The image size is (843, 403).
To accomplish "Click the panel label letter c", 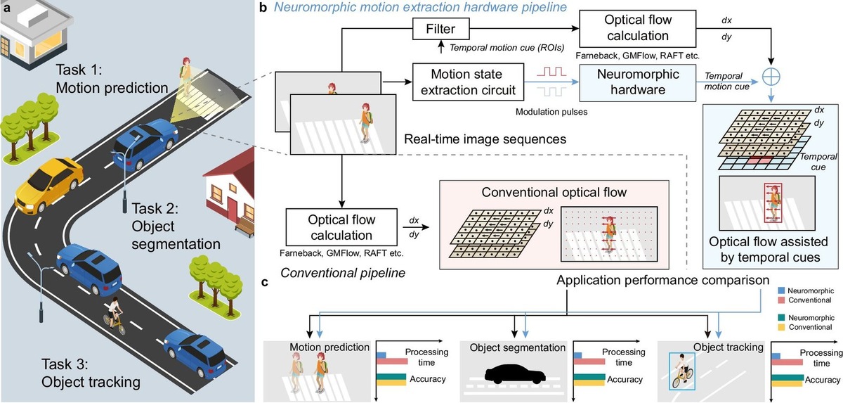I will click(264, 283).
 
